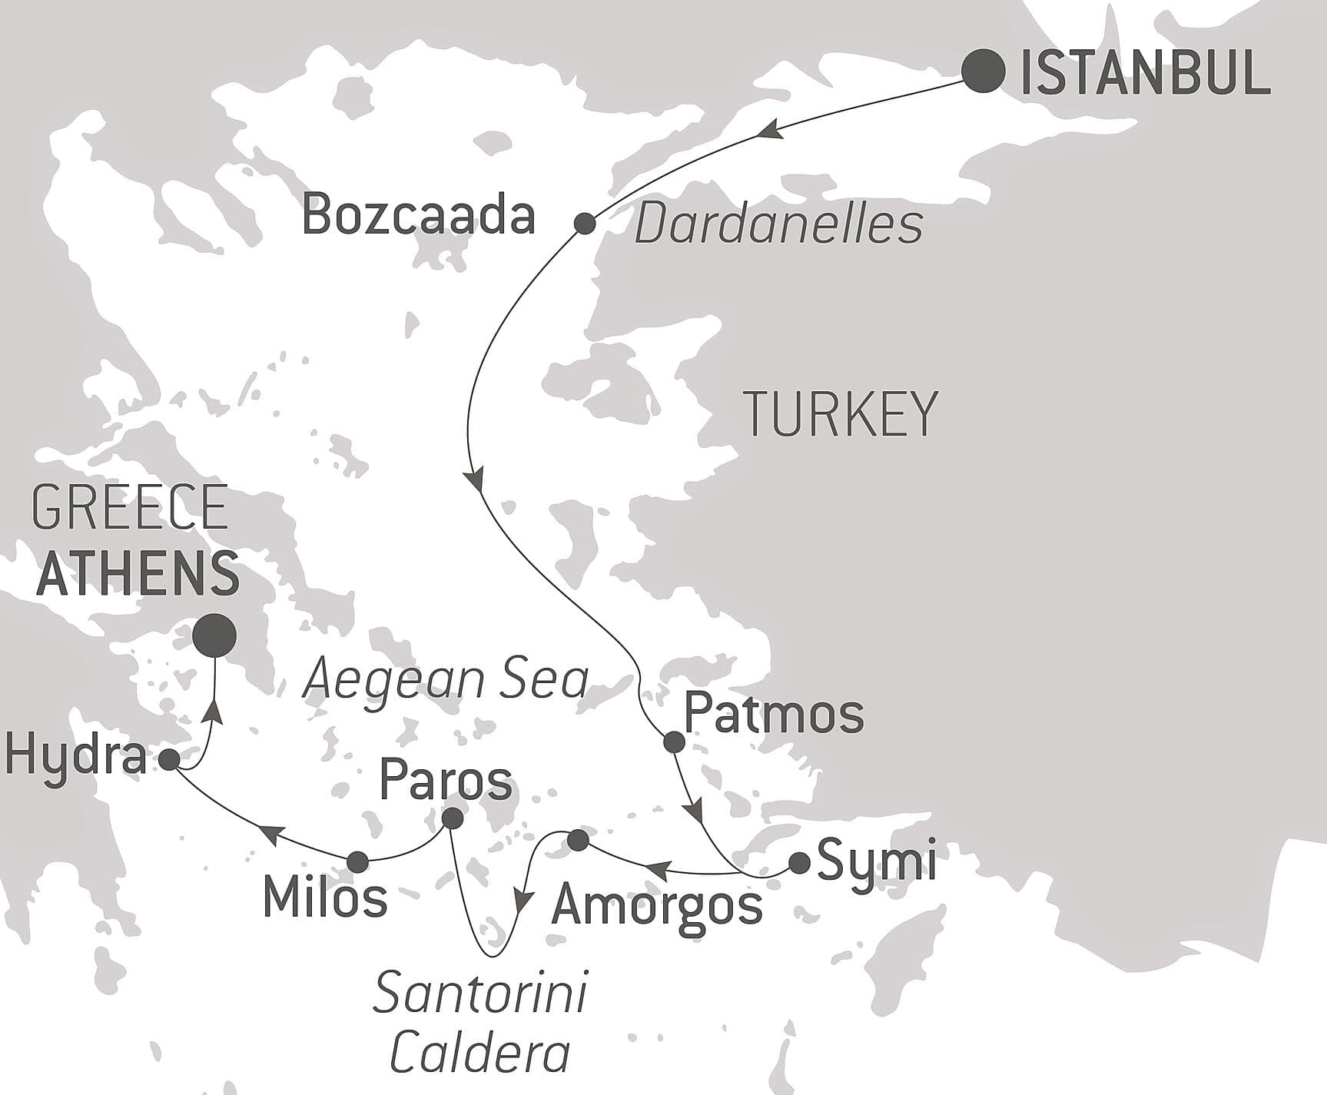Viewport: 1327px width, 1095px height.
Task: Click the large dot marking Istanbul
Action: point(984,71)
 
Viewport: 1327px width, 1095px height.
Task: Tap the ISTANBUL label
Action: point(1144,73)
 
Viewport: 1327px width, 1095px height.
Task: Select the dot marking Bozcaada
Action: point(585,224)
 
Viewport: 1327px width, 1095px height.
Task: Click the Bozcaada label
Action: point(418,216)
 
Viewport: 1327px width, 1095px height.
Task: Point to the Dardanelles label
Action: point(779,225)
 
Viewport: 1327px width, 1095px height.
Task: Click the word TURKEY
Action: point(842,414)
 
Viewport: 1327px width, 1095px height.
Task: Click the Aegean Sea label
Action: point(446,681)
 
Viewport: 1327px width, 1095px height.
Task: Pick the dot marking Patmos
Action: point(674,742)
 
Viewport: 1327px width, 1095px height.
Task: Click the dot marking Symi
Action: point(800,864)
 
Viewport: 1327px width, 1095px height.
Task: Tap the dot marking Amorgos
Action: point(579,841)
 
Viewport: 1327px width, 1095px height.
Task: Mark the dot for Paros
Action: point(453,818)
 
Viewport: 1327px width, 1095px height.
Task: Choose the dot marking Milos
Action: point(357,862)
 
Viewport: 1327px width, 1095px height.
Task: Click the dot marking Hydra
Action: point(169,759)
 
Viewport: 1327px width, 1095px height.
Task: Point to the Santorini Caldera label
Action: point(480,1023)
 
